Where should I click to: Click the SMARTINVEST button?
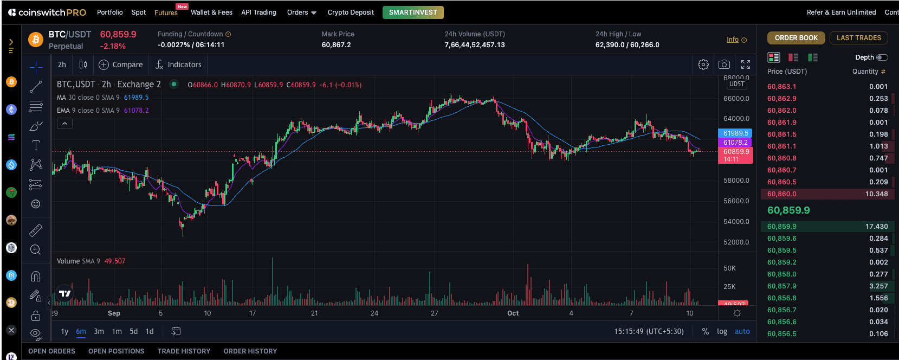[413, 12]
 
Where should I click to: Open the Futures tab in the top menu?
[166, 13]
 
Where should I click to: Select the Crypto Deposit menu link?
[351, 12]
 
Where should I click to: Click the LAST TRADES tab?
[859, 38]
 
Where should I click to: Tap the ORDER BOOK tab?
[796, 38]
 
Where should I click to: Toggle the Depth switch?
[882, 57]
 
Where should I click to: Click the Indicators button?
[179, 65]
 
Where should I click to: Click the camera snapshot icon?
[724, 65]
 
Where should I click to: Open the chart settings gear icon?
[703, 65]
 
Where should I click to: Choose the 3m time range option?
[99, 331]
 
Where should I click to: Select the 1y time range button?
[64, 331]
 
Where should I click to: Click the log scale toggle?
[722, 331]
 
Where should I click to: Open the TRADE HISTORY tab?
[184, 351]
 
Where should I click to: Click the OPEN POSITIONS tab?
[116, 351]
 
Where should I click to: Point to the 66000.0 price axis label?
[736, 98]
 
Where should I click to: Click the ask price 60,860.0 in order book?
[782, 194]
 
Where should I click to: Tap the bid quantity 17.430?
[877, 226]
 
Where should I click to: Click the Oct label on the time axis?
[513, 313]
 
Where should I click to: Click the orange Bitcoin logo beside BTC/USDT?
[36, 40]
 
